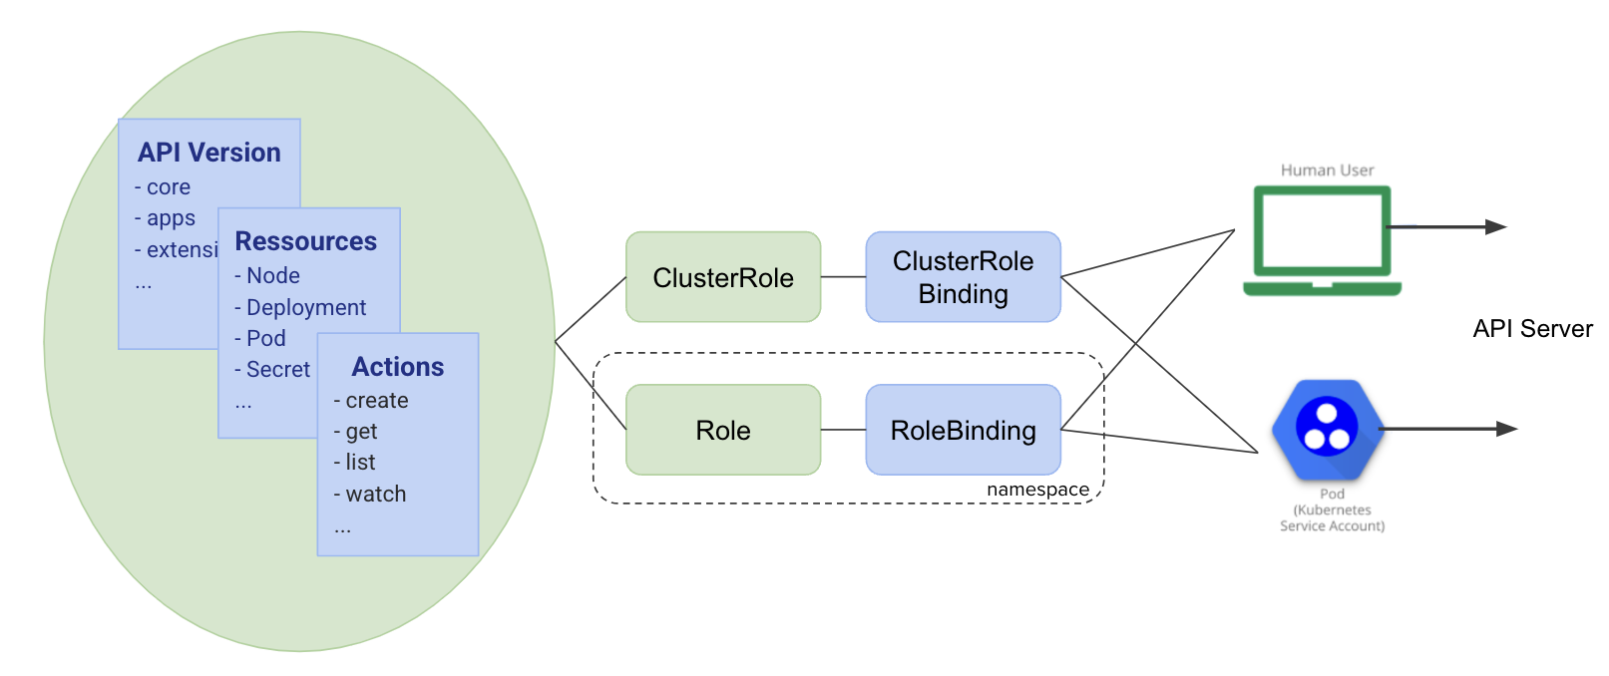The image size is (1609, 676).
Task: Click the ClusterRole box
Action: (723, 277)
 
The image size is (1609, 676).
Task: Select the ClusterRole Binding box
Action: (963, 277)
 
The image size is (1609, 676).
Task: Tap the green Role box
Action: (723, 430)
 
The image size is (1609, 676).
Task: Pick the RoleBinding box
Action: (963, 430)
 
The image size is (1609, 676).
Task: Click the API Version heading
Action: (209, 153)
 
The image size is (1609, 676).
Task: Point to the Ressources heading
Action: (305, 241)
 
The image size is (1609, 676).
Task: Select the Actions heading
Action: (398, 367)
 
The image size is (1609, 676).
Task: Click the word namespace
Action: (1037, 490)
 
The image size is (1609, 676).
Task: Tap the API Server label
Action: (1532, 329)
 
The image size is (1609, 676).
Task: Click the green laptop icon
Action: (1322, 241)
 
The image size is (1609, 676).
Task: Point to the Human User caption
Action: (1327, 170)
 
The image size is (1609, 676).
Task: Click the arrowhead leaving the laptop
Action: (1495, 227)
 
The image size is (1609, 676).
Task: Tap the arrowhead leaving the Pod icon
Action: (1506, 429)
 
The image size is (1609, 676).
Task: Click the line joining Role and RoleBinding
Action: (843, 430)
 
